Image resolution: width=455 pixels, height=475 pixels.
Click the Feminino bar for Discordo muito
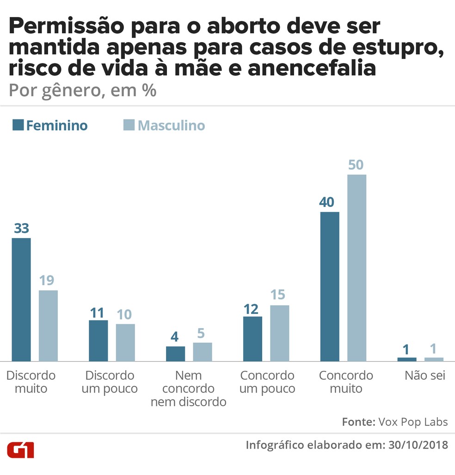click(21, 300)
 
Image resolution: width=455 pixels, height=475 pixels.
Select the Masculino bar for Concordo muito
click(357, 268)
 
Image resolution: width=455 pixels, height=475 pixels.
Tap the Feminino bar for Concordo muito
click(330, 286)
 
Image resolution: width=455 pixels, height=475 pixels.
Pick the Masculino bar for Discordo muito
click(48, 325)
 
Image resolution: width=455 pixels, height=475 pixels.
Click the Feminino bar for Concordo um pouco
click(252, 338)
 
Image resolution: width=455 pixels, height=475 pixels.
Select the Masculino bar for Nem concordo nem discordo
click(203, 352)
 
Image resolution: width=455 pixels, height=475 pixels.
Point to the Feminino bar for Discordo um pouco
click(98, 340)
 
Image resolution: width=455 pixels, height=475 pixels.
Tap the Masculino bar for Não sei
click(434, 359)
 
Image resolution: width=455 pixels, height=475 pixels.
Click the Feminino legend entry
click(50, 125)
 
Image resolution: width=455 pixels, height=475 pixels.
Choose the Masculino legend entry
click(164, 125)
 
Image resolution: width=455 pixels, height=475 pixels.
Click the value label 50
click(356, 165)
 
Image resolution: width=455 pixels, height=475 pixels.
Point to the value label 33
click(21, 228)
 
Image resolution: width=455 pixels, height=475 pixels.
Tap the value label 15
click(278, 295)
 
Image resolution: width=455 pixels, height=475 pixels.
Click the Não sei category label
click(425, 375)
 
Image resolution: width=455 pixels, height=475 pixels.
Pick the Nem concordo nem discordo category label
click(188, 388)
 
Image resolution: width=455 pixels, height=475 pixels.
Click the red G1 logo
click(20, 450)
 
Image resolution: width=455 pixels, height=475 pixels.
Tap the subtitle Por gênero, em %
click(82, 90)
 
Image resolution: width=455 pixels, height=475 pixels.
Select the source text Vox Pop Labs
click(413, 422)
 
